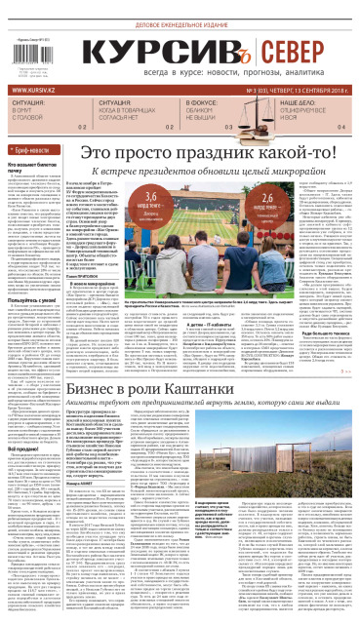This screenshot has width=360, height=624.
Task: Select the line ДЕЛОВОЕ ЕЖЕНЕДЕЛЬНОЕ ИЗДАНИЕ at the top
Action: click(x=180, y=11)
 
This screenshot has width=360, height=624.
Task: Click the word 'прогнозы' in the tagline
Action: click(x=249, y=72)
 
